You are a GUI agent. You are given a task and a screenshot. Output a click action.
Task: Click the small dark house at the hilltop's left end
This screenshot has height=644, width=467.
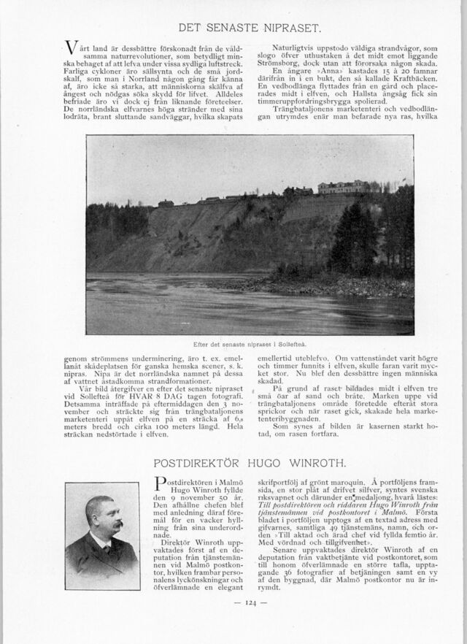pos(166,203)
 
